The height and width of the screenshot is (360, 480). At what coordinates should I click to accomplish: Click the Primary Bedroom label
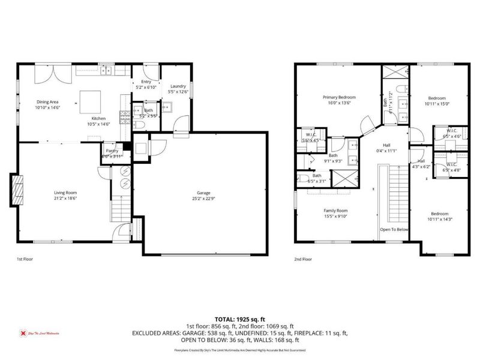pos(339,97)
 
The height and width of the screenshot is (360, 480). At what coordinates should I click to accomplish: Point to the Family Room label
pos(335,211)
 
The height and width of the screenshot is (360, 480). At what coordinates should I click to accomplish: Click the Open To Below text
pos(394,229)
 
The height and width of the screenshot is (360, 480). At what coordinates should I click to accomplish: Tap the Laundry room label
pos(178,86)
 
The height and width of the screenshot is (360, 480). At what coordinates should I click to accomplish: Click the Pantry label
pos(112,151)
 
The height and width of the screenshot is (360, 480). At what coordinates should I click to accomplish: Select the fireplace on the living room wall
pos(17,190)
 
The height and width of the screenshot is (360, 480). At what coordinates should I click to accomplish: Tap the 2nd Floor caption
pos(303,260)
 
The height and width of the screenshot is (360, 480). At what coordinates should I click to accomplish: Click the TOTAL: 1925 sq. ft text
pos(239,320)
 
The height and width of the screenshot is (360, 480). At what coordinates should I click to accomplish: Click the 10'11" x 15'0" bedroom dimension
pos(436,103)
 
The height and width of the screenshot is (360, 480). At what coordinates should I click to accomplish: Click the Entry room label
pos(146,82)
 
